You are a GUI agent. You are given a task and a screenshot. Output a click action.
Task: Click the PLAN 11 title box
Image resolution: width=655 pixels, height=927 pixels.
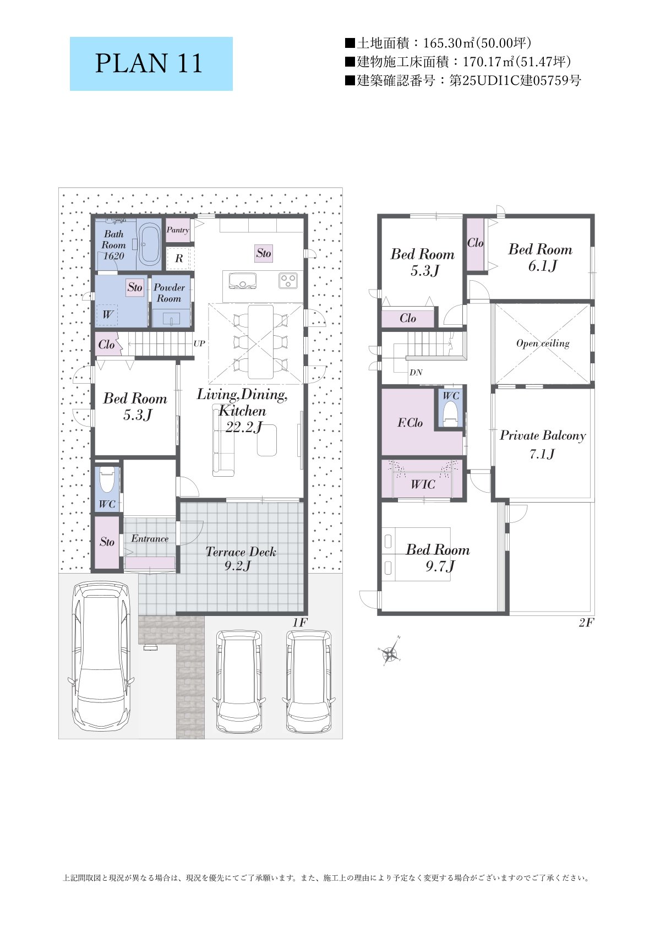(x=151, y=64)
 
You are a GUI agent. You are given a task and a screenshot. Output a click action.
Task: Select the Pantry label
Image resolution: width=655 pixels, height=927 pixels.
(x=177, y=230)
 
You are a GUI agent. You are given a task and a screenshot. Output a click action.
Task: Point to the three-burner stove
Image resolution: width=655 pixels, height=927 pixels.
(x=287, y=281)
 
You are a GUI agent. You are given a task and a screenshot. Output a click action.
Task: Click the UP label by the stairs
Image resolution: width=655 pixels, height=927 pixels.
(x=199, y=343)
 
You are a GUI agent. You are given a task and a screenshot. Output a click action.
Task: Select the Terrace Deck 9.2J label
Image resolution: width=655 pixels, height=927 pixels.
(x=240, y=558)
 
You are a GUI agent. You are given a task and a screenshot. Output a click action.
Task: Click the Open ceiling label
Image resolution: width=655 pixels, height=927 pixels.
(x=543, y=343)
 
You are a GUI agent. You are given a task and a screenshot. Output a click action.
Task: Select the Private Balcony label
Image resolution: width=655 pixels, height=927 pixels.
(x=543, y=435)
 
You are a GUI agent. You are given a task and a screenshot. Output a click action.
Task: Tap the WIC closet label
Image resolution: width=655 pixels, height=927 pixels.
(x=423, y=484)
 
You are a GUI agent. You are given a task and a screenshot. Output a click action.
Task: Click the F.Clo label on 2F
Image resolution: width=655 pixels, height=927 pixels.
(x=410, y=423)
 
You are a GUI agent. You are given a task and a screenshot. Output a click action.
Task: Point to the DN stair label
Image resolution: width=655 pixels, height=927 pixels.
(x=416, y=373)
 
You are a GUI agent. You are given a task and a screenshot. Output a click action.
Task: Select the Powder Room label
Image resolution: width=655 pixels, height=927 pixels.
(x=169, y=293)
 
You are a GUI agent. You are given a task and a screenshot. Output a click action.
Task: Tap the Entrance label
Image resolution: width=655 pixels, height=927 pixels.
(x=150, y=538)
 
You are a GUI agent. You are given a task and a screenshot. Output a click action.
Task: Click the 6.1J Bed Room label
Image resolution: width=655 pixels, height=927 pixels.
(x=541, y=257)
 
